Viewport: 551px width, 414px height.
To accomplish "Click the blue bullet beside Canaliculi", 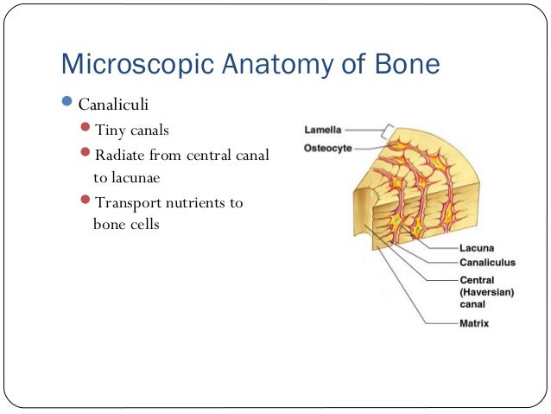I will click(69, 105).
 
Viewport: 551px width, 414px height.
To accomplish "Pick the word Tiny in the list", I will click(110, 131).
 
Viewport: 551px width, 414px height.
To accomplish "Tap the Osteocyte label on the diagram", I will click(329, 149).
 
